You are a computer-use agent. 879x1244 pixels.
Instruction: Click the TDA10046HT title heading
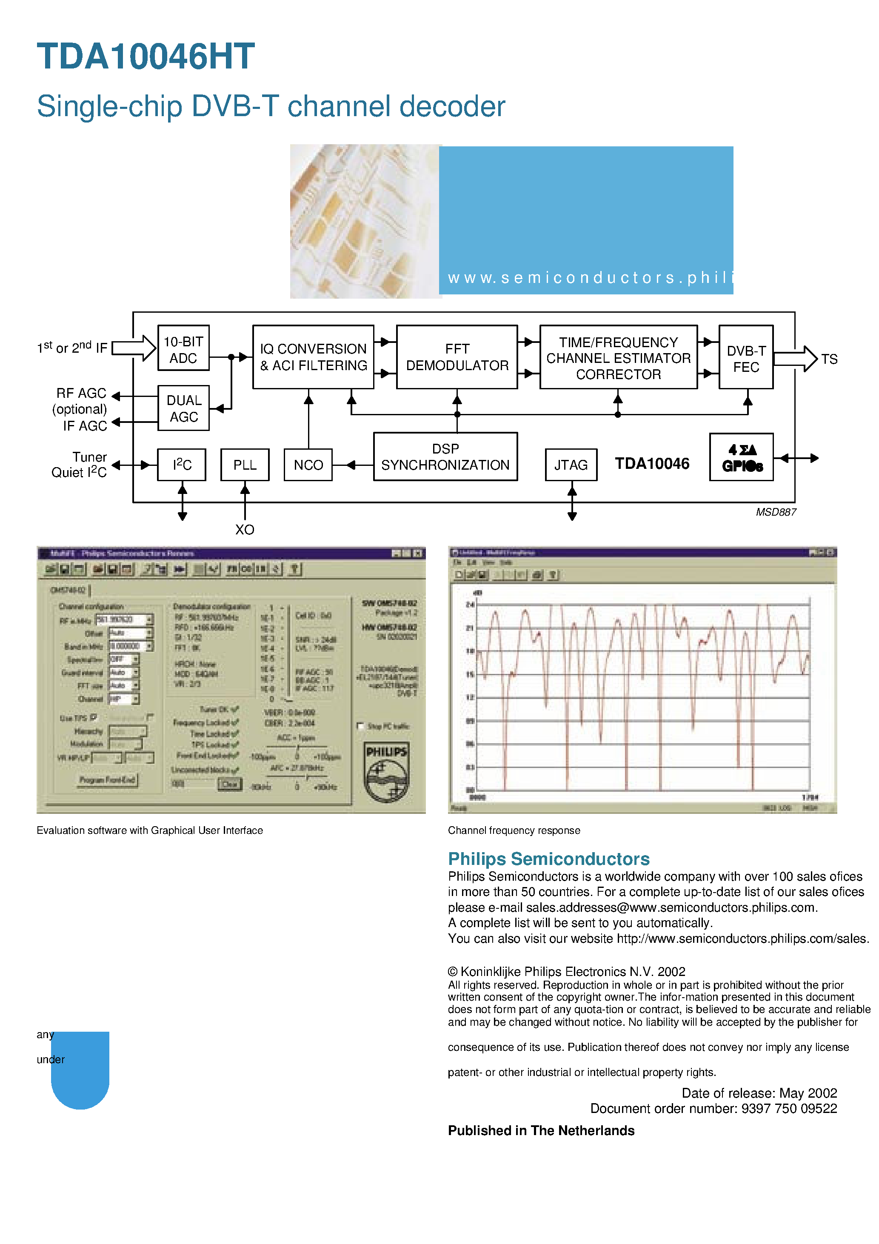(145, 56)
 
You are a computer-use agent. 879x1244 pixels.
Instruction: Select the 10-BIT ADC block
(183, 348)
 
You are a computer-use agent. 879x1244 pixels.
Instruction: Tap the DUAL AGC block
(183, 408)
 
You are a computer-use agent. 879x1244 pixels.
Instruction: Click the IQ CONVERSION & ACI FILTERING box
(313, 357)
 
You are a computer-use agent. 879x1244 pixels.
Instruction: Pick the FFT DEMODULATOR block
(457, 357)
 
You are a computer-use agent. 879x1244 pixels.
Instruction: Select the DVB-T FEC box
(746, 357)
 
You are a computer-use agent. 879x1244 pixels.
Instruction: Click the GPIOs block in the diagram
(741, 457)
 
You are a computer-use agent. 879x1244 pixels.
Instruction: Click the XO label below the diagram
(244, 529)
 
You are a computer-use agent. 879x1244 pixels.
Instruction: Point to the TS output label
(829, 359)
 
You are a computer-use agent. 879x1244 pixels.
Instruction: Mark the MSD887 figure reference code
(776, 512)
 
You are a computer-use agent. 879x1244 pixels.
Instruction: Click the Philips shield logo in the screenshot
(386, 771)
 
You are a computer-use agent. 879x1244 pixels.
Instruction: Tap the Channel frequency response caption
(514, 830)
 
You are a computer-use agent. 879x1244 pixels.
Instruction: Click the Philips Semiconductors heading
(548, 859)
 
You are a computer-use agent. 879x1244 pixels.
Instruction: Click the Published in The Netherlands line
(541, 1131)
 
